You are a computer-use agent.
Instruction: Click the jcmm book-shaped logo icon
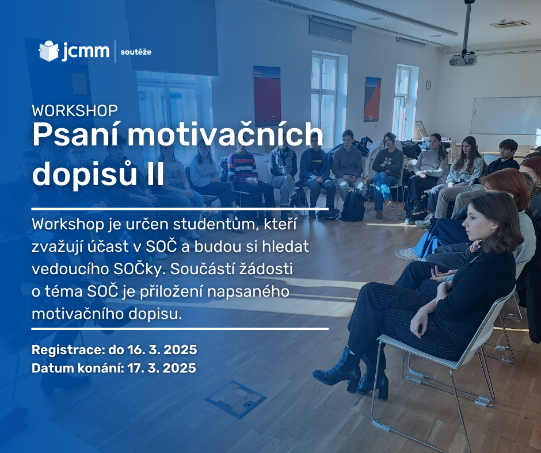point(49,51)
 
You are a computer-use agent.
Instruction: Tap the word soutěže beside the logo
point(136,52)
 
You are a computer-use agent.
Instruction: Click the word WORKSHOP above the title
point(75,111)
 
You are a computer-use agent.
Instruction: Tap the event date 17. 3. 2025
point(162,368)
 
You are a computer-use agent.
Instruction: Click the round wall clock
point(429,85)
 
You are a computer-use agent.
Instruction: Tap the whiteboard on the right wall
point(506,116)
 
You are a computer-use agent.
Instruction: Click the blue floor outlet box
point(236,399)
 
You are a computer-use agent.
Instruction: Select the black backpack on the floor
point(353,206)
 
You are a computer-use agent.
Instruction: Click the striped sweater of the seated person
point(242,167)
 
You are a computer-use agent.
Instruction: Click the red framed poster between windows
point(266,96)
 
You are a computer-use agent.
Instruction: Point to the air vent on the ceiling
point(509,24)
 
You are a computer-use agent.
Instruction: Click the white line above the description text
point(180,209)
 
